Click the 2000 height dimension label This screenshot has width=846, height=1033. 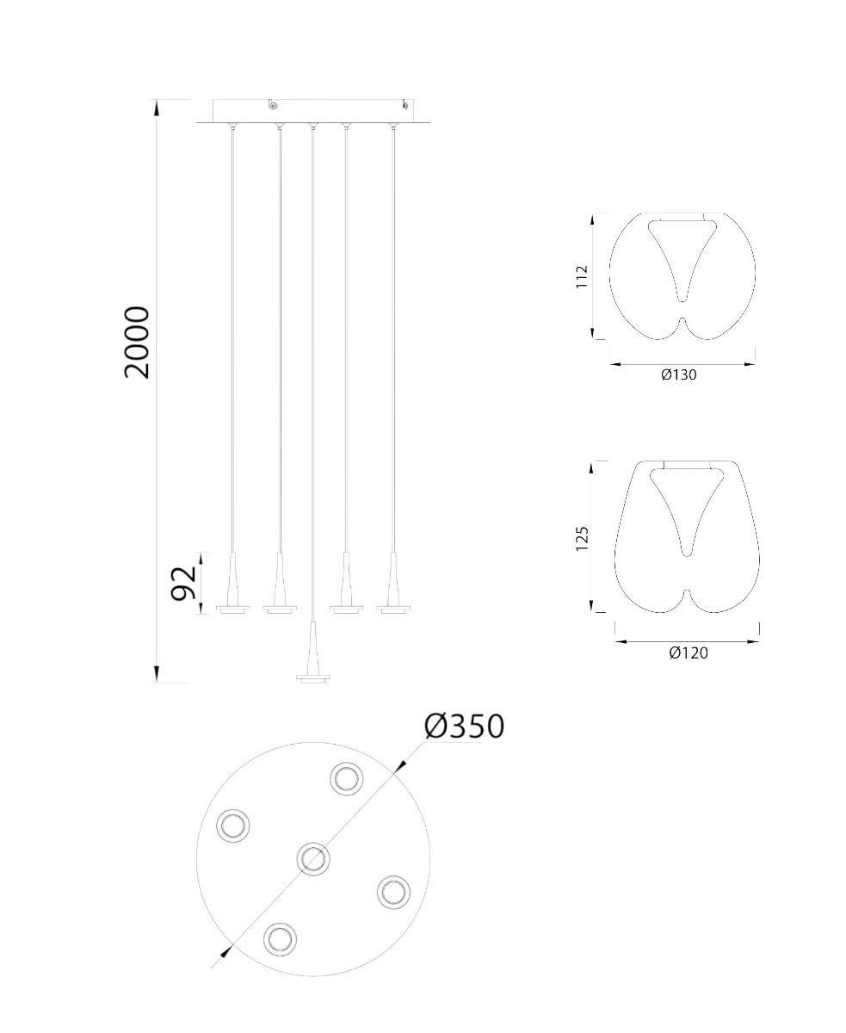click(136, 342)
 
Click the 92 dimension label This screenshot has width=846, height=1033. click(183, 583)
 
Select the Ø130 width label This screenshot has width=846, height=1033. click(678, 374)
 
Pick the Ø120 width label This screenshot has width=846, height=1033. click(689, 653)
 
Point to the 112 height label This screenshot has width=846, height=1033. click(581, 276)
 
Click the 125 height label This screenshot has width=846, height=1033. click(582, 539)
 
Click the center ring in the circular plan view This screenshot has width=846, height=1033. click(313, 858)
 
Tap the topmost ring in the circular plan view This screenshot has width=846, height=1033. click(347, 779)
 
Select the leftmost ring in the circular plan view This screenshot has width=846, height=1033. click(233, 826)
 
